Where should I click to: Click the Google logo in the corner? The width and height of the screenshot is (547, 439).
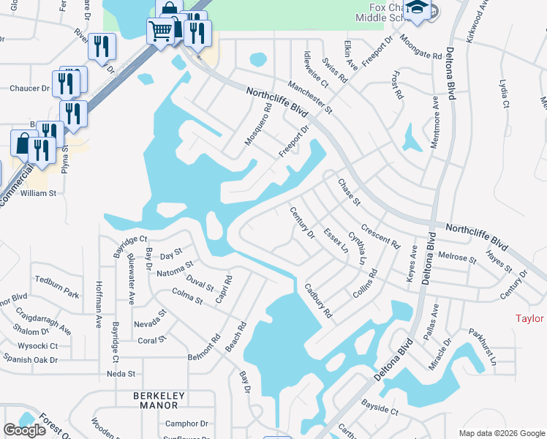(24, 430)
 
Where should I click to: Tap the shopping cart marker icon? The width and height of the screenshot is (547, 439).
(160, 31)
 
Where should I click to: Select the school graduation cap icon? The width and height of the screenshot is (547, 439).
(418, 9)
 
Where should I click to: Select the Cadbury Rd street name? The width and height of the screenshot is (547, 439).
(319, 301)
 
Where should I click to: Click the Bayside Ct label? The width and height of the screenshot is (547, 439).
(379, 407)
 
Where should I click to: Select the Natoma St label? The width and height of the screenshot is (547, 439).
(175, 269)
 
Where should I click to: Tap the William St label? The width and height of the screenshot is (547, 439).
(38, 193)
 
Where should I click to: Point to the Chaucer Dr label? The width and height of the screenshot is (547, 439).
(29, 89)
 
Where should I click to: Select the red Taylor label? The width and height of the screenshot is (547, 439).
(529, 319)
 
